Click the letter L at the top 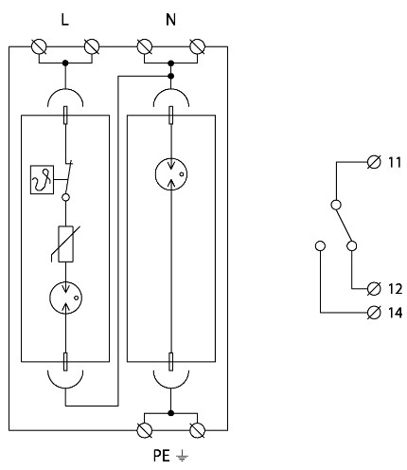(64, 20)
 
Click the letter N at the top (170, 20)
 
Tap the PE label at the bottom (162, 456)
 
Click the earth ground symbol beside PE (183, 456)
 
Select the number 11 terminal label (395, 162)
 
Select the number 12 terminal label (395, 289)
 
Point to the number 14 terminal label (395, 313)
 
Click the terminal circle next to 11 (374, 162)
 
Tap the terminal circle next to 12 (374, 289)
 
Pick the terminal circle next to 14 (374, 313)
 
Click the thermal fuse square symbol (42, 179)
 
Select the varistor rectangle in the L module (66, 244)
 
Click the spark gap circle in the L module (65, 298)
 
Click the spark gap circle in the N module (171, 174)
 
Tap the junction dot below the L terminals (65, 63)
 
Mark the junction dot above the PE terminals (170, 413)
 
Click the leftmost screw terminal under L (39, 46)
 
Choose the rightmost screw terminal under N (198, 46)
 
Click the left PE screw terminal (145, 430)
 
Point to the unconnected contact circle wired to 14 (320, 245)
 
